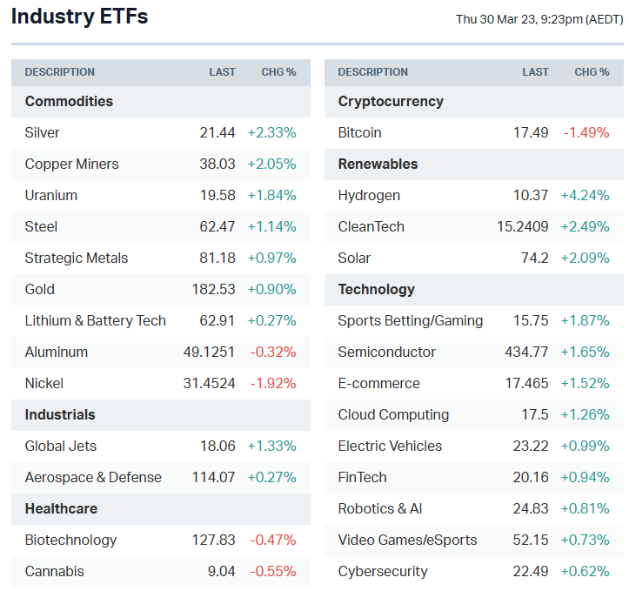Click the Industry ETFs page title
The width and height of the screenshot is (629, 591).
click(79, 17)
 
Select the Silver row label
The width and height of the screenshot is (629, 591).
click(43, 132)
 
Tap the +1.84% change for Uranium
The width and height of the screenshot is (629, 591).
click(271, 195)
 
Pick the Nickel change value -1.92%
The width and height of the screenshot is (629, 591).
click(272, 383)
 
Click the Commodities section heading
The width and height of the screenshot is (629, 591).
click(69, 101)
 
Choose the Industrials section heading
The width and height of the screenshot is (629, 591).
click(60, 414)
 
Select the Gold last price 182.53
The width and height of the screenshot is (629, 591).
click(214, 289)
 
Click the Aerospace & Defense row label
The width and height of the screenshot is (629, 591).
click(93, 477)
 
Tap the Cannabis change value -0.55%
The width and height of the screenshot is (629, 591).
click(273, 571)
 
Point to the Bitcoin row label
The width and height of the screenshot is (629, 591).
click(359, 132)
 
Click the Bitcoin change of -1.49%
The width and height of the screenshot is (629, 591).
click(586, 132)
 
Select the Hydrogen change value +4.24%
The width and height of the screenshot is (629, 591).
click(585, 195)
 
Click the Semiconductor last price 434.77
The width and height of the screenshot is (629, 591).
click(526, 352)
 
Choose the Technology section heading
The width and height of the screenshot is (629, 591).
click(376, 289)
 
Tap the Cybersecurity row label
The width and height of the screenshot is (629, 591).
click(383, 571)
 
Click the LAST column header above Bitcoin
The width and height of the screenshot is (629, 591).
click(535, 72)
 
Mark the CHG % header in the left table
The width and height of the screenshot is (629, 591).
click(278, 72)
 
